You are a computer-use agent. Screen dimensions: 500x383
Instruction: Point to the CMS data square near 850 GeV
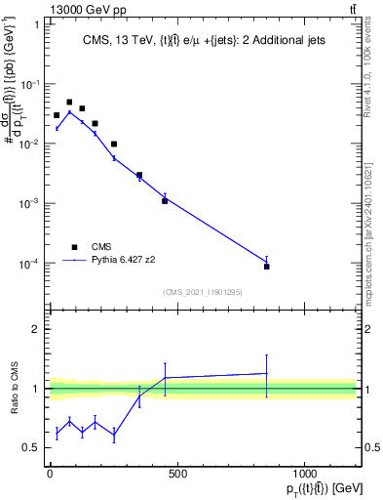[266, 266]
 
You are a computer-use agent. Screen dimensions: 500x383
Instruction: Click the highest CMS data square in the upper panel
[69, 102]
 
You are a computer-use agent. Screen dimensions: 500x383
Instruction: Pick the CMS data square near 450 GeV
[165, 201]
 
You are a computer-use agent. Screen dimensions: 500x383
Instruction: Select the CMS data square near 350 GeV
[139, 176]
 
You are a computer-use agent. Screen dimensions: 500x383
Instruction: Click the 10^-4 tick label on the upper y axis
[29, 264]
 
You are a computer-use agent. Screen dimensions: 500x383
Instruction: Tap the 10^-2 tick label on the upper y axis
[29, 144]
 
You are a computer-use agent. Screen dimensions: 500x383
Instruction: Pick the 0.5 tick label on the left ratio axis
[33, 447]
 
